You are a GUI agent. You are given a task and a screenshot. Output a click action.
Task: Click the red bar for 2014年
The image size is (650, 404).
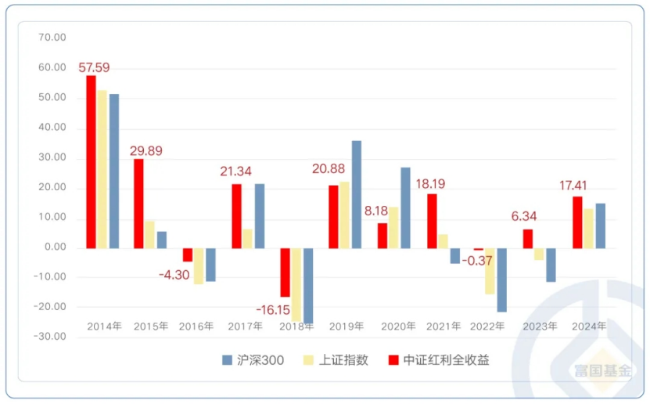[91, 161]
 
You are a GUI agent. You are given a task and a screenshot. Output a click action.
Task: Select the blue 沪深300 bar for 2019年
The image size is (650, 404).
[357, 194]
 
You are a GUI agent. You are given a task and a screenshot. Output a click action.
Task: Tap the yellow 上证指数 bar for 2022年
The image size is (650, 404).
[490, 271]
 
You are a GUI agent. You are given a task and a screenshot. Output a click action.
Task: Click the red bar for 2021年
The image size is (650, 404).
[432, 221]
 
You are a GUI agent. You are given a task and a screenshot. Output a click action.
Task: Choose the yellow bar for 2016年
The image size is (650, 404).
[199, 265]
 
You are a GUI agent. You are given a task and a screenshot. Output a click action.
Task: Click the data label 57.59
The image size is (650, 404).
[93, 67]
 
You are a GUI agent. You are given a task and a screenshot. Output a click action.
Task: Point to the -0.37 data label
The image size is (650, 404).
[477, 260]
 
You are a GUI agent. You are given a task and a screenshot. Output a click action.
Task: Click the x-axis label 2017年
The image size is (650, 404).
[248, 326]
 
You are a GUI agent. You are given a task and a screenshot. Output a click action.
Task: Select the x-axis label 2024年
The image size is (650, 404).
[589, 326]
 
